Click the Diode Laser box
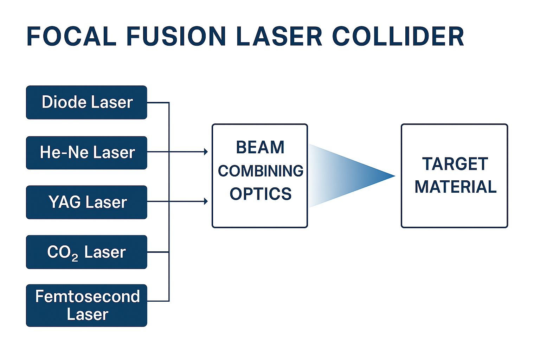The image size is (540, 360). click(86, 102)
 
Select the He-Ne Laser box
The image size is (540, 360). click(86, 153)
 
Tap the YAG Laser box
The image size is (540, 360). click(86, 202)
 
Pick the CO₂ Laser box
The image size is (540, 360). click(86, 252)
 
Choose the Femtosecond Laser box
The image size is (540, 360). click(86, 306)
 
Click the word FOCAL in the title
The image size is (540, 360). click(72, 37)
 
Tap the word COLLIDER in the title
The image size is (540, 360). click(398, 37)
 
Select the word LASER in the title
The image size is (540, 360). click(279, 37)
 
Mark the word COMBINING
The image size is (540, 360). click(261, 171)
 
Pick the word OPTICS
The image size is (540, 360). click(261, 194)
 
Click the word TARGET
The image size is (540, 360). click(455, 164)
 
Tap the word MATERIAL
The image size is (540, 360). click(456, 187)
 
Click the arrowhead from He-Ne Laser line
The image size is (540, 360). click(206, 152)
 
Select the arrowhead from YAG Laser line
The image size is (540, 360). click(206, 201)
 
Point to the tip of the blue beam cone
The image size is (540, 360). click(395, 176)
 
